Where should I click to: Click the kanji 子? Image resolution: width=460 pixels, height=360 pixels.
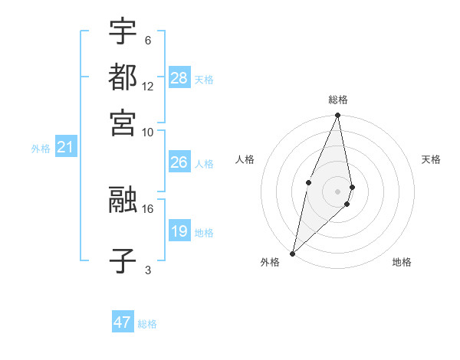[123, 260]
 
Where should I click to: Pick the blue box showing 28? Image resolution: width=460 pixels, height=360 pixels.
[179, 78]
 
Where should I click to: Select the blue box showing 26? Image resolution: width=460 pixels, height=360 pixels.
[179, 162]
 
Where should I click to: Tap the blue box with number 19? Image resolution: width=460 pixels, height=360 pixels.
[179, 231]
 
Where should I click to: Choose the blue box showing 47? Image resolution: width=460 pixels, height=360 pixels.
[123, 322]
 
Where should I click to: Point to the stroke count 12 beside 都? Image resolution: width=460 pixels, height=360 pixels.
[148, 87]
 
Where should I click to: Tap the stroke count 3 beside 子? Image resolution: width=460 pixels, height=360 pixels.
[148, 270]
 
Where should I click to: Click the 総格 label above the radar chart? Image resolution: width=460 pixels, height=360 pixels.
[337, 100]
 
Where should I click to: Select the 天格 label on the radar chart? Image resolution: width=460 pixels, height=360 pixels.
[431, 159]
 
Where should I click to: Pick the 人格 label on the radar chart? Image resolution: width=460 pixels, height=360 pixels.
[245, 159]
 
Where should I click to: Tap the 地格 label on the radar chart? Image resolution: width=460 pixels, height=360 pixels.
[402, 263]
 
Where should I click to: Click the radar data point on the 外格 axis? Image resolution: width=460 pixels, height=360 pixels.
[293, 253]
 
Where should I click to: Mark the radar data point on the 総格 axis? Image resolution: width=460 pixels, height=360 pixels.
[337, 116]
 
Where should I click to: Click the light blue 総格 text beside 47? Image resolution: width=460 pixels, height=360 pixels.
[147, 324]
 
